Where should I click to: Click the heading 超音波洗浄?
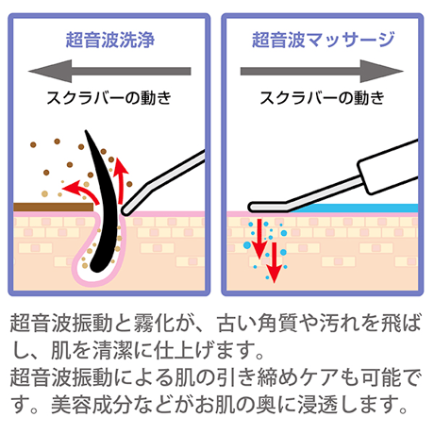[110, 41]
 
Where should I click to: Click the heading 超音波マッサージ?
[323, 41]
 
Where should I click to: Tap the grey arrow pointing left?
[109, 71]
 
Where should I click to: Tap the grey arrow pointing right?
[322, 71]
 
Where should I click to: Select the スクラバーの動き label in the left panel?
[108, 97]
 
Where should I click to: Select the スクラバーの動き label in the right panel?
[322, 97]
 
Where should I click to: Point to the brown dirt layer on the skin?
[53, 207]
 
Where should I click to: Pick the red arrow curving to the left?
[82, 190]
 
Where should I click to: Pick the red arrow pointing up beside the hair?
[121, 180]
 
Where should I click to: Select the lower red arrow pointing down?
[275, 263]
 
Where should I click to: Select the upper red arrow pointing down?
[259, 239]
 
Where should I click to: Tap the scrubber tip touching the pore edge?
[126, 210]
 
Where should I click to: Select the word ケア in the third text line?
[320, 377]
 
